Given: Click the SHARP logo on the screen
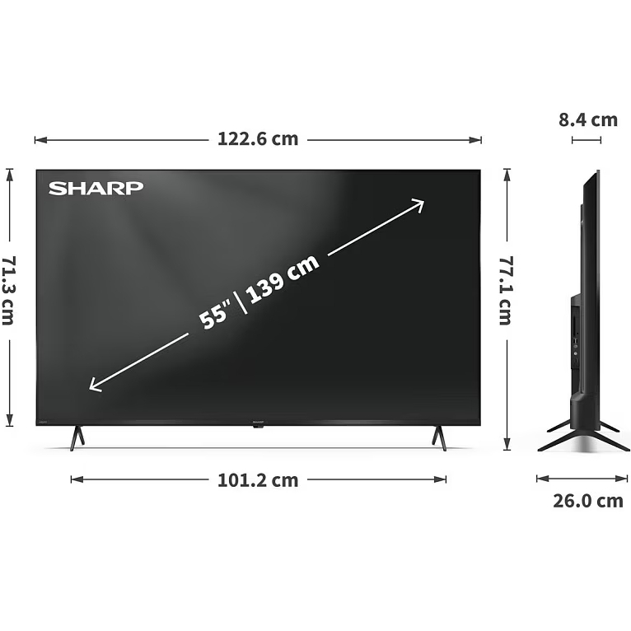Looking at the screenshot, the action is pyautogui.click(x=96, y=188).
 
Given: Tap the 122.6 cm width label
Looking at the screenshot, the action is pyautogui.click(x=258, y=139).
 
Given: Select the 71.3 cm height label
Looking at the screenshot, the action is pyautogui.click(x=9, y=291).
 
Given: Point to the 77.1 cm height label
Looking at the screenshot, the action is pyautogui.click(x=506, y=291).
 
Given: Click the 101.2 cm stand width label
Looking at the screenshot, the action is pyautogui.click(x=258, y=480).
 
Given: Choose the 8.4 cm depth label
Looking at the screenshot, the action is pyautogui.click(x=588, y=120).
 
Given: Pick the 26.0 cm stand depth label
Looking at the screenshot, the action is pyautogui.click(x=588, y=501).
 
